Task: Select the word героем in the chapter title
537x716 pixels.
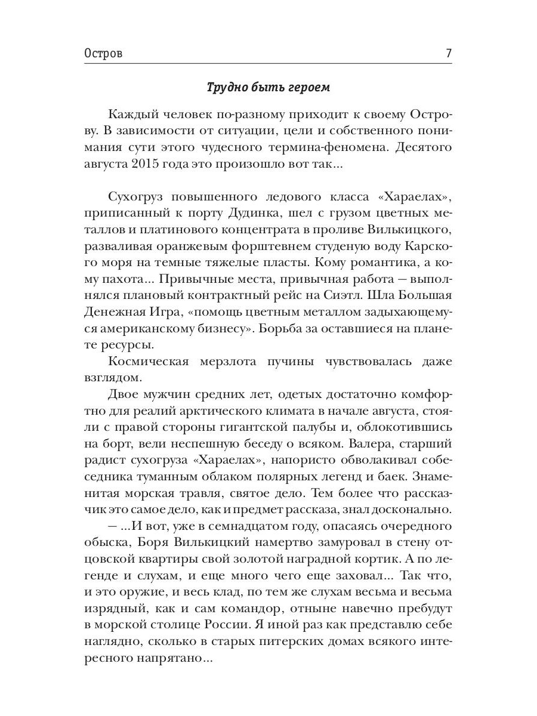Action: [x=307, y=87]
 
